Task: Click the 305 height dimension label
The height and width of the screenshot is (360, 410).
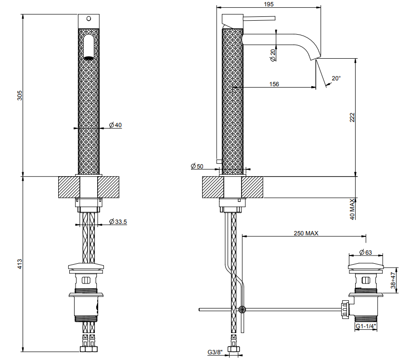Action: (20, 95)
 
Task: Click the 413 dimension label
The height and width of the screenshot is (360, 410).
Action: (20, 264)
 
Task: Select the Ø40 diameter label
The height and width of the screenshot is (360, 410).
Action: (115, 125)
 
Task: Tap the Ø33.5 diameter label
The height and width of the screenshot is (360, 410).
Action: (118, 222)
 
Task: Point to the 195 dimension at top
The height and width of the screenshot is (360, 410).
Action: (269, 4)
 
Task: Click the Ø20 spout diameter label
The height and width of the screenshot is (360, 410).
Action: (273, 55)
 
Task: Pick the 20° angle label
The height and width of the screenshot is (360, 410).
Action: (336, 78)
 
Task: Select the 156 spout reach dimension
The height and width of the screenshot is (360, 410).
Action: (274, 84)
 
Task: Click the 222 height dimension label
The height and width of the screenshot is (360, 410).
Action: (352, 117)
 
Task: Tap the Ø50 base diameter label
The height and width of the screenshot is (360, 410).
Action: (197, 166)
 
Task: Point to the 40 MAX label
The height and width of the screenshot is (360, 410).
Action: (352, 209)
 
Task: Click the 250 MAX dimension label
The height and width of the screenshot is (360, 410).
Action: (306, 233)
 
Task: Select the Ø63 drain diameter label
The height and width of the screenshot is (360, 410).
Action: (366, 252)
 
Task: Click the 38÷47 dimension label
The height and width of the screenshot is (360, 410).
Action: (393, 280)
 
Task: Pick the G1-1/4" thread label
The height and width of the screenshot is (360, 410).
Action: (366, 326)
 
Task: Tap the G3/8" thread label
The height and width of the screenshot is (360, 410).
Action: (215, 352)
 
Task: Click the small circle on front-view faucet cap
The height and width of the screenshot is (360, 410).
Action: (89, 19)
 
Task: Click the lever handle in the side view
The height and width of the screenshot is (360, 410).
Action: (259, 18)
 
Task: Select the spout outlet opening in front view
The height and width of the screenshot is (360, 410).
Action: (89, 58)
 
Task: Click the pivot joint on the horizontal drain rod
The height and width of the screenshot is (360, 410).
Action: (242, 310)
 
